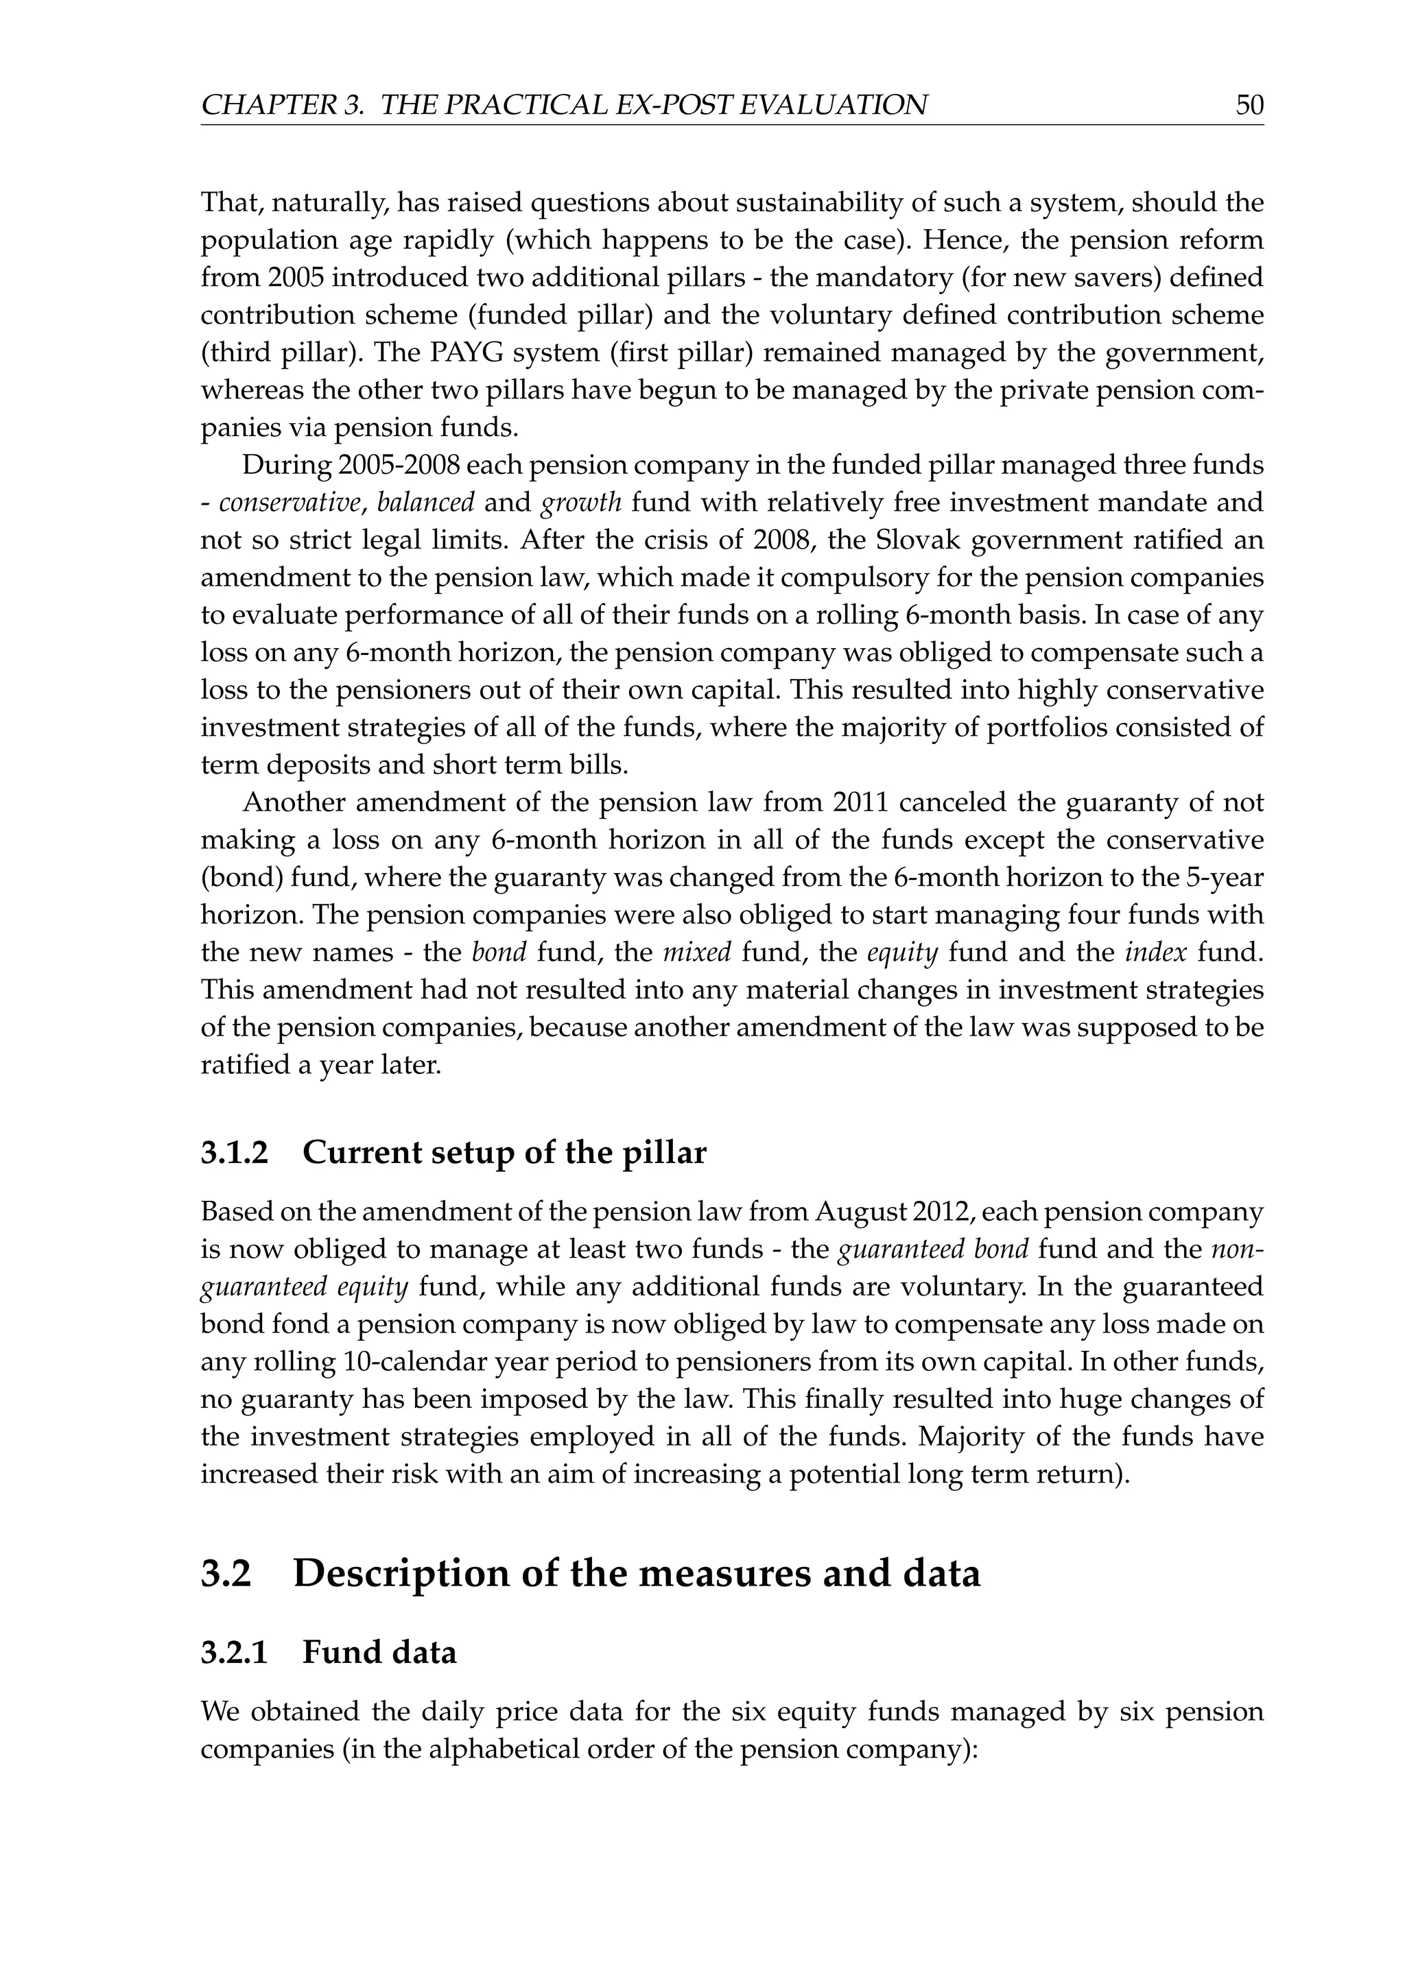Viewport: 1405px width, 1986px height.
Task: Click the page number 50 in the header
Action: [x=1249, y=106]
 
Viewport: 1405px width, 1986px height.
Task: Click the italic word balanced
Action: [x=425, y=503]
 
